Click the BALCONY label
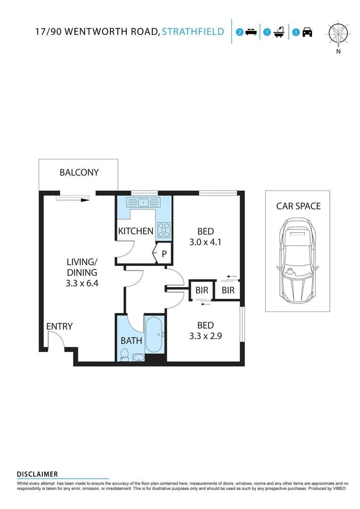coord(79,172)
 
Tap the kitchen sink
coord(144,203)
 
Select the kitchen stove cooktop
coord(164,230)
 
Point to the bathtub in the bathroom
coord(155,335)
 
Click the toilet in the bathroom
coord(124,354)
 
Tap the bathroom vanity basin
coord(139,358)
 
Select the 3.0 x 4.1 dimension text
coord(206,243)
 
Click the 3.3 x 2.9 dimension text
coord(206,337)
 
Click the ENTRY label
coord(59,326)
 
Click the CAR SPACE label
coord(298,206)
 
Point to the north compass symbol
coord(338,33)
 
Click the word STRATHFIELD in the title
coord(193,32)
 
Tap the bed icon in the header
coord(251,33)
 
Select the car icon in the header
coord(307,33)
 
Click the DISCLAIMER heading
coord(37,474)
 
